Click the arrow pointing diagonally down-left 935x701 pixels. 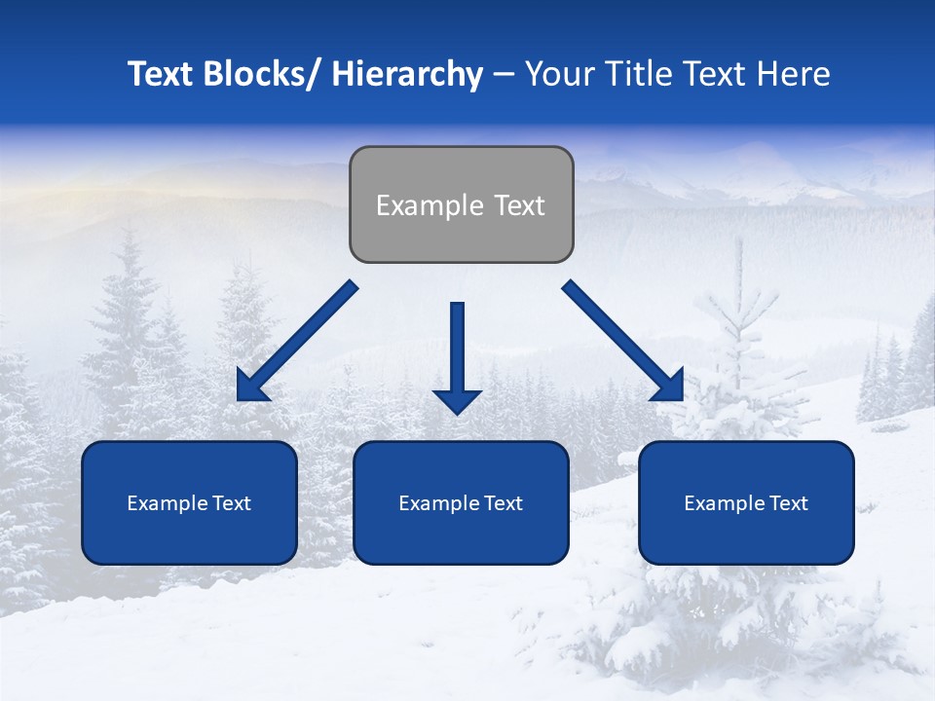(x=297, y=342)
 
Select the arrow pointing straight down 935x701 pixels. (x=458, y=355)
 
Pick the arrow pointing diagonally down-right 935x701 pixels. (x=623, y=342)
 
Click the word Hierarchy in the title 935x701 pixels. (x=407, y=74)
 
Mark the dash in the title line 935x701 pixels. (x=503, y=74)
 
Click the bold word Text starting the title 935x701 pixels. (x=161, y=74)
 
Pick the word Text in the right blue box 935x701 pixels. (x=788, y=503)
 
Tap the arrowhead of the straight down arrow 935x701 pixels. (x=458, y=400)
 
